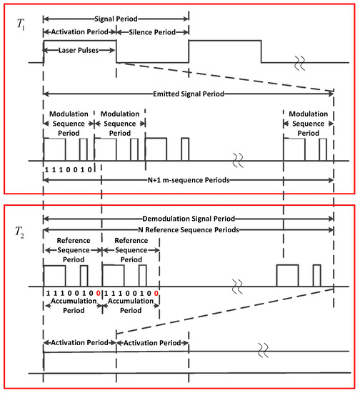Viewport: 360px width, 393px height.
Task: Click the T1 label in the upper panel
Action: click(22, 24)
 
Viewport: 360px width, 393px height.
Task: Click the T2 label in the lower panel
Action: click(22, 231)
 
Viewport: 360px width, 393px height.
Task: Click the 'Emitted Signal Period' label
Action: click(188, 93)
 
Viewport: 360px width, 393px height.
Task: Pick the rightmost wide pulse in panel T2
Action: click(287, 275)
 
